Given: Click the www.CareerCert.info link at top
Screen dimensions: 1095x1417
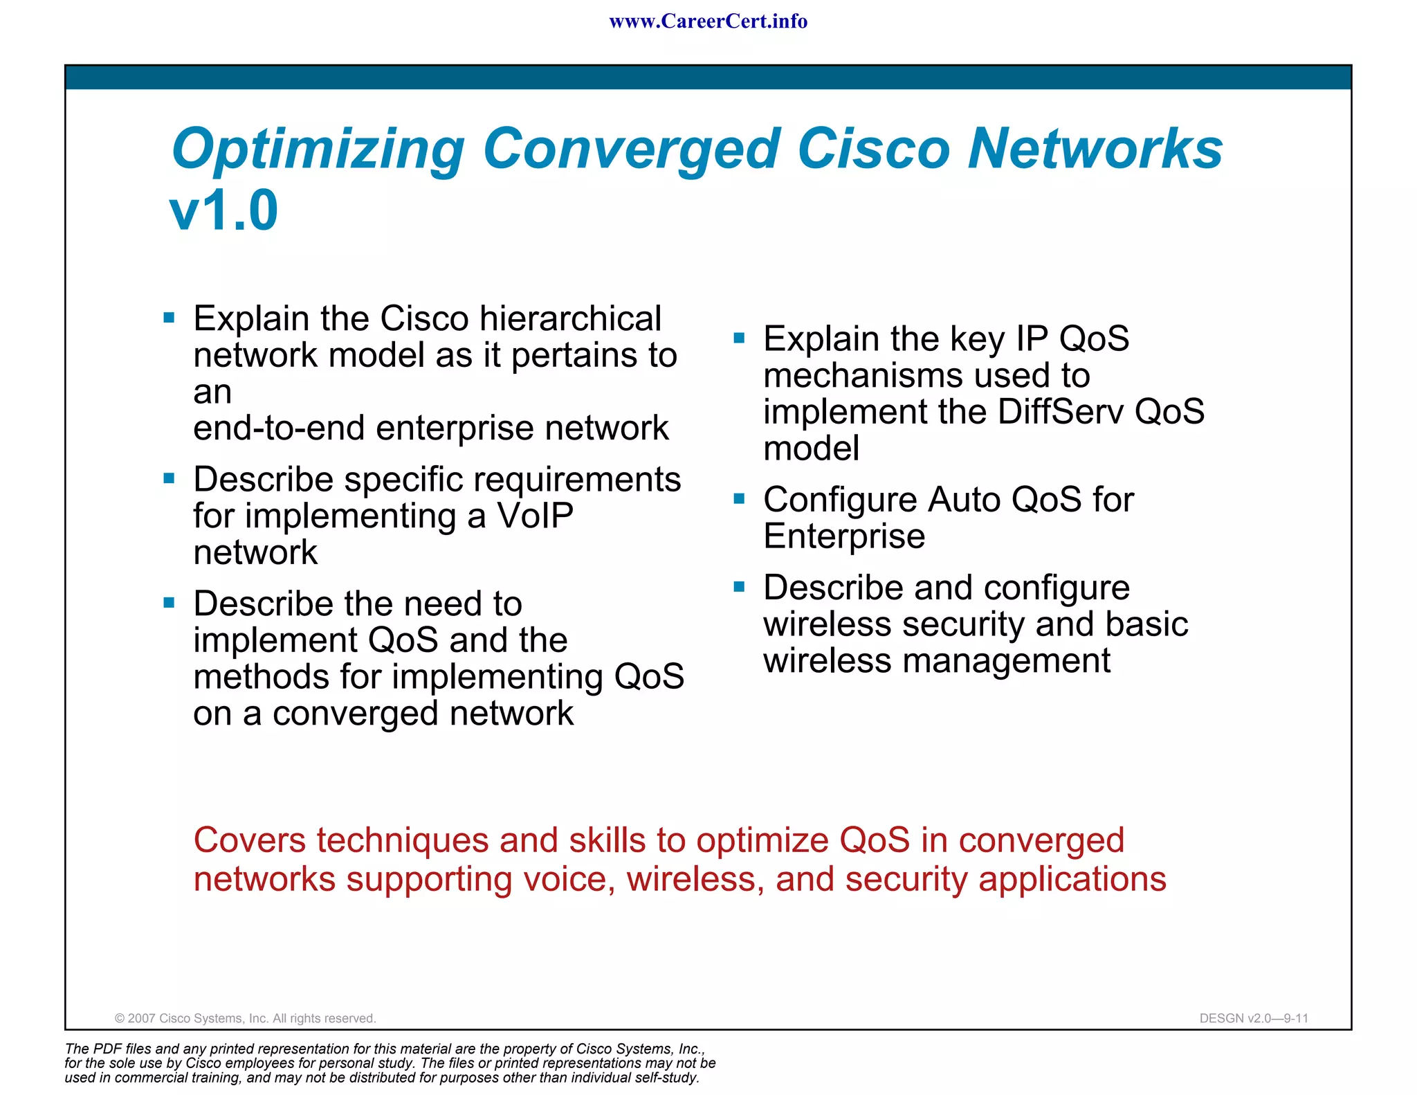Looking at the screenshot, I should tap(708, 21).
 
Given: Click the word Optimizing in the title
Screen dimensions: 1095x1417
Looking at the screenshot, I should tap(318, 150).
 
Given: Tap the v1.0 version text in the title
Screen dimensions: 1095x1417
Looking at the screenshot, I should tap(223, 210).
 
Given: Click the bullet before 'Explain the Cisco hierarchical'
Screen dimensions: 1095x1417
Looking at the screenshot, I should tap(169, 318).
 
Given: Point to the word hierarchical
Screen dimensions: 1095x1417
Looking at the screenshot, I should tap(570, 318).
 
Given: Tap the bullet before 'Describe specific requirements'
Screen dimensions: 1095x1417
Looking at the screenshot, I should tap(169, 478).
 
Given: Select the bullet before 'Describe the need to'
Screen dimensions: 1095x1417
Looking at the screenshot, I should tap(169, 602).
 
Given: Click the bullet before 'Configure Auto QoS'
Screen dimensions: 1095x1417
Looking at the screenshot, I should tap(739, 498).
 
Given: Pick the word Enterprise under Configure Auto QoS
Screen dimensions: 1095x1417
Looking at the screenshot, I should tap(844, 536).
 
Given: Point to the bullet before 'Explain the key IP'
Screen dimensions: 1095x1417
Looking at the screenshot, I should tap(739, 338).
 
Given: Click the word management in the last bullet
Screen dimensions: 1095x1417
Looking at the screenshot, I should tap(1006, 660).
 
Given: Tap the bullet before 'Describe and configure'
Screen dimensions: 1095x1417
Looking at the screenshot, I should tap(739, 587).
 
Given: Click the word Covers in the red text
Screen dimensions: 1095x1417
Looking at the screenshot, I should tap(250, 840).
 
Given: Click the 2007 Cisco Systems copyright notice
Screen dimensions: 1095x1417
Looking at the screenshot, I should tap(246, 1018).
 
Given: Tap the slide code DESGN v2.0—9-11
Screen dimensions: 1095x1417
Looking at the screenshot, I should tap(1253, 1018).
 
